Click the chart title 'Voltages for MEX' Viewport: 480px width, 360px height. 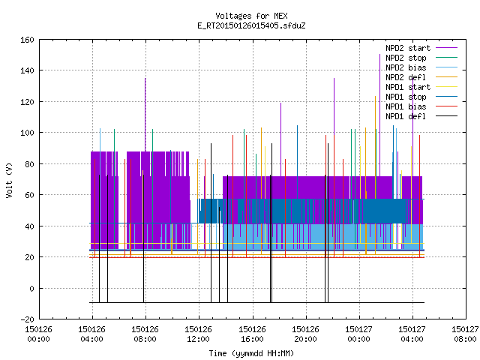coord(251,16)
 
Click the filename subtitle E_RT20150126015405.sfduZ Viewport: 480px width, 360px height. coord(251,25)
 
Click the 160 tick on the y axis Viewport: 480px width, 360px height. coord(27,40)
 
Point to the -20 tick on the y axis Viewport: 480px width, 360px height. coord(27,319)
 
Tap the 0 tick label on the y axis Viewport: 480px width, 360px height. coord(31,288)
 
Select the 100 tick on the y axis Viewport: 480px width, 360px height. coord(27,133)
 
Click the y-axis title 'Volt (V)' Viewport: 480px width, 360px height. coord(9,180)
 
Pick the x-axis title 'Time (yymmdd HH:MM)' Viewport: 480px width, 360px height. coord(251,353)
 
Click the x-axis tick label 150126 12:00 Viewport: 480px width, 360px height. coord(198,334)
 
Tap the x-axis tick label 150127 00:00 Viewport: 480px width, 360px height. coord(358,334)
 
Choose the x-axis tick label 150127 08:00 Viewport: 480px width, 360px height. coord(465,334)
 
